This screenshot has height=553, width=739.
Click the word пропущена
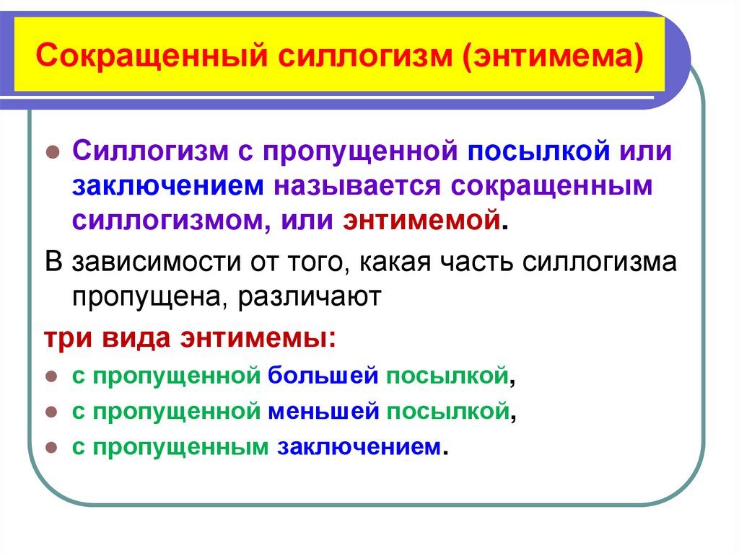[141, 296]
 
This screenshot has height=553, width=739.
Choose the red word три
[66, 339]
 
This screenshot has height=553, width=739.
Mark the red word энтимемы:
[268, 339]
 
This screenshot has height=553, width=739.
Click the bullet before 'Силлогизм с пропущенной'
[52, 154]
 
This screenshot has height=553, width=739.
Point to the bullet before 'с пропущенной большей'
[52, 376]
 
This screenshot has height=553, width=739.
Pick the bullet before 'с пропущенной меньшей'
[52, 412]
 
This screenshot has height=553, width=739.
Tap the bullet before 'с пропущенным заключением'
[52, 448]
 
